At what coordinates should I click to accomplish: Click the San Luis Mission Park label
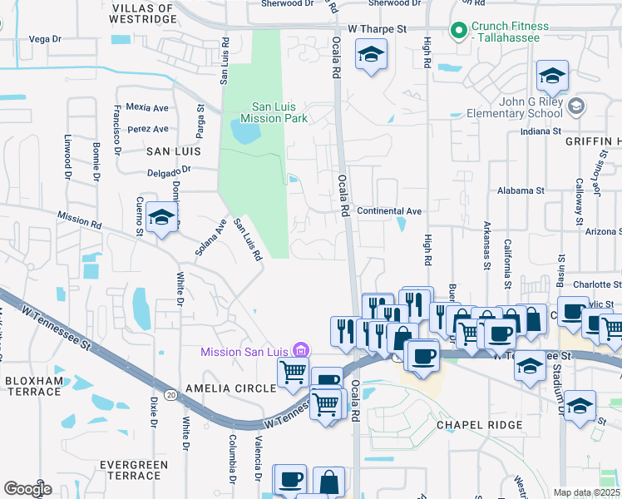280,112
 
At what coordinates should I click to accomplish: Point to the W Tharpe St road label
377,28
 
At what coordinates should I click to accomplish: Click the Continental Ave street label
389,211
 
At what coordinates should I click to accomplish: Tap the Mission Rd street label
79,220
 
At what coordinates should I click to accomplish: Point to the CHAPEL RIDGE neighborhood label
480,425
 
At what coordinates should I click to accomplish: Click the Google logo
27,488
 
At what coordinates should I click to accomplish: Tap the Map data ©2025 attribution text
586,492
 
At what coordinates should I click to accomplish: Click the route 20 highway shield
170,394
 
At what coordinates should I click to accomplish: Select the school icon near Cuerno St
161,219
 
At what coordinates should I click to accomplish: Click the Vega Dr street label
45,39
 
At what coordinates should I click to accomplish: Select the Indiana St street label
541,131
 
